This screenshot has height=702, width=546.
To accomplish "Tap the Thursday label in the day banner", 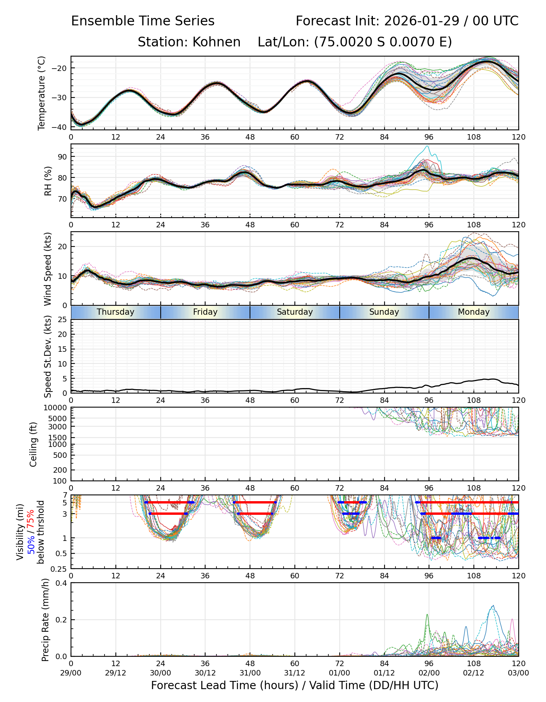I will (115, 312).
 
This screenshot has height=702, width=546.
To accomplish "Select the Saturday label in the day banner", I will (295, 312).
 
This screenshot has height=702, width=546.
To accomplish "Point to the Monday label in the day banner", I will (473, 312).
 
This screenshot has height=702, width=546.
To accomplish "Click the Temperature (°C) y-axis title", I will (42, 93).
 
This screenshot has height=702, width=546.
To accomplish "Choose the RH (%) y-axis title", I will (48, 181).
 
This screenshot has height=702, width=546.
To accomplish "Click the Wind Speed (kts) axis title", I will (48, 269).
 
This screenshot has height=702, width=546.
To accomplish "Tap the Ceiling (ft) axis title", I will (34, 444).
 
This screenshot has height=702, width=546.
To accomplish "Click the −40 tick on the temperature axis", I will (62, 127).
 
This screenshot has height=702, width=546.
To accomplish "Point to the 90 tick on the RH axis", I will (62, 157).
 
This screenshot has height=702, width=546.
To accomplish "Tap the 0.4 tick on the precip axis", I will (62, 583).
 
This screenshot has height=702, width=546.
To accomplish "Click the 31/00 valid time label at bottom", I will (250, 673).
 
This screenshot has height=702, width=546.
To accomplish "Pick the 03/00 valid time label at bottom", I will (518, 673).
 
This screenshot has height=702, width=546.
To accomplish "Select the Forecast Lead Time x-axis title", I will (294, 685).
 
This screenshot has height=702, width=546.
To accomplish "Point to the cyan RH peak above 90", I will (427, 146).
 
